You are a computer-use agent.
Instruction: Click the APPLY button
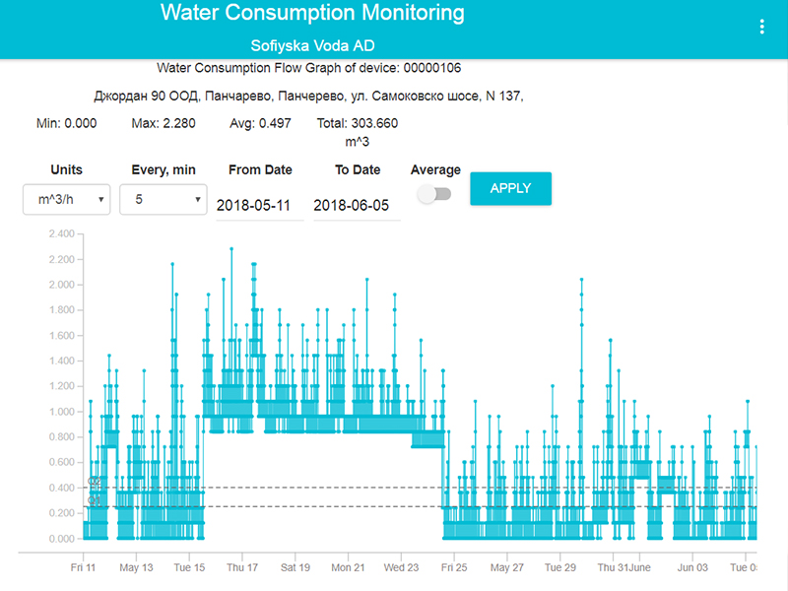[x=510, y=188]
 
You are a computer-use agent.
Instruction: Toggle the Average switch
[x=434, y=194]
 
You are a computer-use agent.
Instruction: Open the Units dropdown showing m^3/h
[x=66, y=199]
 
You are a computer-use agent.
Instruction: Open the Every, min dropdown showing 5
[x=163, y=199]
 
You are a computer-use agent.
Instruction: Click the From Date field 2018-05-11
[x=259, y=205]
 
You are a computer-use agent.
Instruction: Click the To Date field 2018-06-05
[x=357, y=205]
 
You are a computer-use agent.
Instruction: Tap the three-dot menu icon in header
[x=761, y=27]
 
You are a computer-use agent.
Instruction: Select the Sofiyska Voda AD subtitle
[x=312, y=46]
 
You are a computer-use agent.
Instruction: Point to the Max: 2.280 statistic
[x=164, y=123]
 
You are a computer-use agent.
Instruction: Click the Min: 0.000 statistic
[x=66, y=123]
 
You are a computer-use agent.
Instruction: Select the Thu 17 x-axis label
[x=242, y=567]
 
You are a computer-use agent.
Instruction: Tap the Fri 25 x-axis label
[x=454, y=567]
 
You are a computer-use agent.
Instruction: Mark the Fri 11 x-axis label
[x=84, y=567]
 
